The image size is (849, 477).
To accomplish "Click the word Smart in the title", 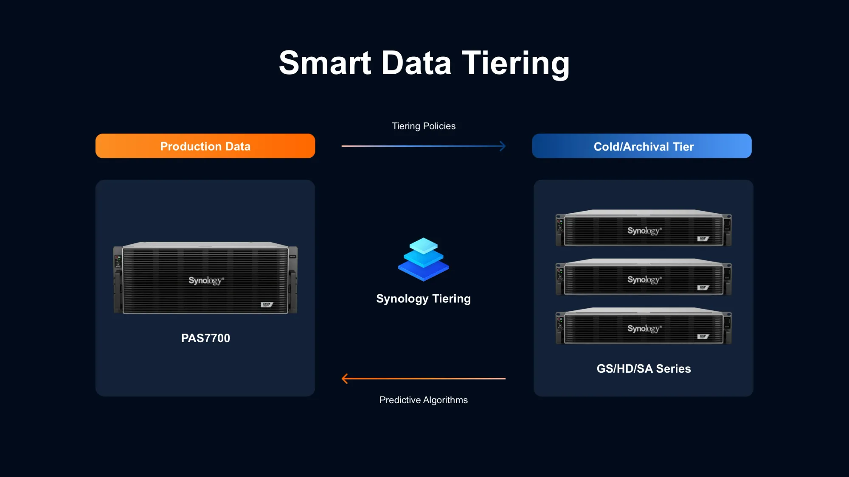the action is tap(325, 63).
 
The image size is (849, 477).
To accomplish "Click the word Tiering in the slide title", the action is tap(515, 64).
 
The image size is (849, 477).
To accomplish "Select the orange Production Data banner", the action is tap(205, 146).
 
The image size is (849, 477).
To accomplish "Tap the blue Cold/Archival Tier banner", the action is tap(642, 146).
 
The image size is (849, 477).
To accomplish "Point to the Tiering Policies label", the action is tap(424, 126).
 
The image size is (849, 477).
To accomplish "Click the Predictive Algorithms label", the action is tap(424, 400).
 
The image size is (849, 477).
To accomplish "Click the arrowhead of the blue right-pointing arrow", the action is tap(503, 146).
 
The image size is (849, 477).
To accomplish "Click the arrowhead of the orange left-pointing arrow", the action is tap(344, 379).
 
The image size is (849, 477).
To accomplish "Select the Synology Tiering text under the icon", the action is tap(424, 298).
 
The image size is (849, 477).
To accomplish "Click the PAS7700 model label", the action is tap(205, 338).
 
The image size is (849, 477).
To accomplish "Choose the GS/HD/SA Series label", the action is tap(644, 368).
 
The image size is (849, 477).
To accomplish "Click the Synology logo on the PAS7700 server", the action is tap(206, 281).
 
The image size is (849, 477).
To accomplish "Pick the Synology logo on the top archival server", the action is tap(645, 231).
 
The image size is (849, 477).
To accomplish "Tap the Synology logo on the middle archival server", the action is tap(645, 280).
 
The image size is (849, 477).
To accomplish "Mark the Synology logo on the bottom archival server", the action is tap(645, 329).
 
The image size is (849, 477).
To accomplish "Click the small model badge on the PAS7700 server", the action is tap(267, 304).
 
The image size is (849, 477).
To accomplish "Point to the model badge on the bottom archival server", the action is tap(703, 337).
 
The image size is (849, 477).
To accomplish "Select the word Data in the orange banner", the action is tap(238, 146).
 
